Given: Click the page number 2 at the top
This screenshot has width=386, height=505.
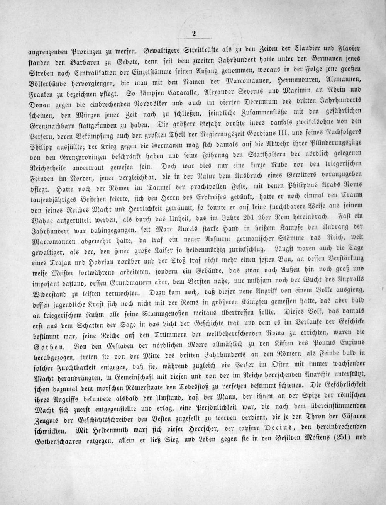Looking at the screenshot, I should (x=193, y=34).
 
